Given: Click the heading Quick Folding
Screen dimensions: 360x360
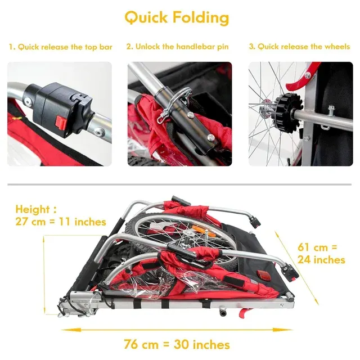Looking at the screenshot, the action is tap(177, 17).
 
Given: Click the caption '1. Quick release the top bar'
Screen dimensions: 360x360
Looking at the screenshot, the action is tap(61, 47).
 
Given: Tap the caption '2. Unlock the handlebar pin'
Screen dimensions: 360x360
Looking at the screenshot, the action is tap(178, 47).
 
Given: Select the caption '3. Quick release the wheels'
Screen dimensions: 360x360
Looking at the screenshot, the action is tap(300, 47).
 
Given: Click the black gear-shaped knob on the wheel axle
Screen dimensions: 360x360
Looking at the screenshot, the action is tap(286, 112).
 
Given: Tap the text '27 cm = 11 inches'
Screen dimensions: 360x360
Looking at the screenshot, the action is tap(61, 222).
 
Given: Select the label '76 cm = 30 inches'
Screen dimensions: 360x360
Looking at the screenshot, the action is tap(177, 345).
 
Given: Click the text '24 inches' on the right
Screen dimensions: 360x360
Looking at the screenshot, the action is tap(321, 260).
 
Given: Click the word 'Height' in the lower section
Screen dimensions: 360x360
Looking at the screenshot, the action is tap(33, 210).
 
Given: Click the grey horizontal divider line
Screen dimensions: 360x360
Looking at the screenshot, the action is tap(179, 184).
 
